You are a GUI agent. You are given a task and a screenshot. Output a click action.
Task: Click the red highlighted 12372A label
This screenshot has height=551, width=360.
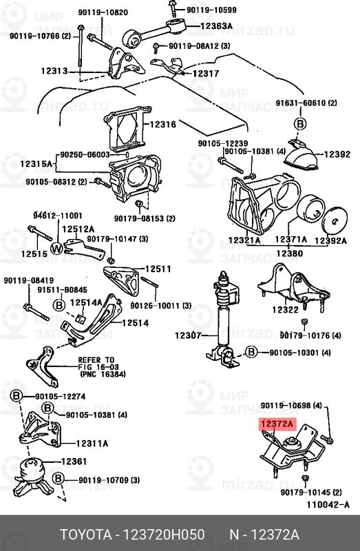point(277,424)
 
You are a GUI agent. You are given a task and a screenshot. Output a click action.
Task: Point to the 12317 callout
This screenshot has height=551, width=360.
point(205,73)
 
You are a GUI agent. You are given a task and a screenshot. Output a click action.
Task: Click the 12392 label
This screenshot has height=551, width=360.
point(337,155)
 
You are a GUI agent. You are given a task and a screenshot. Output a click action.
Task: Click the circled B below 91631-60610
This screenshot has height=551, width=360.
point(300,124)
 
